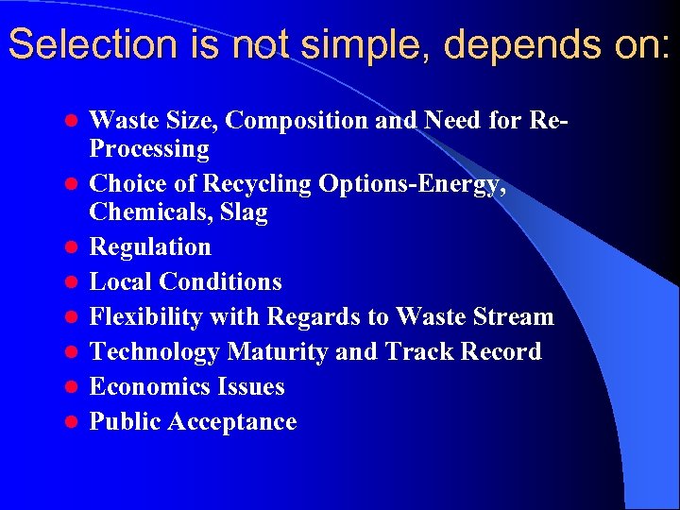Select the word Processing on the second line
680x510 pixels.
[149, 149]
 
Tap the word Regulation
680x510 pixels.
[150, 247]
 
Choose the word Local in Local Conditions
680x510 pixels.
[121, 282]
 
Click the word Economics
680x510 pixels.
[150, 387]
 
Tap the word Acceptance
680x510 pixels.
[231, 422]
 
